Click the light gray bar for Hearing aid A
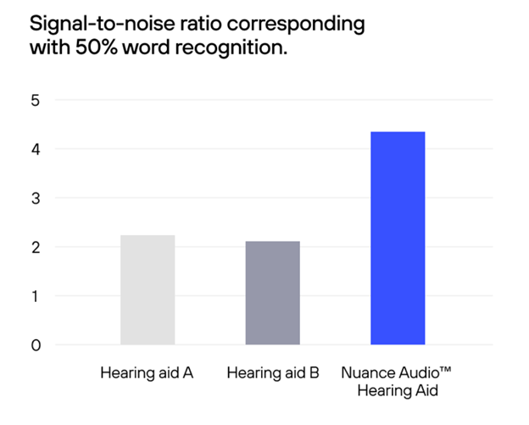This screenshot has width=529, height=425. [148, 290]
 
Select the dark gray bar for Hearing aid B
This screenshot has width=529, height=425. [272, 294]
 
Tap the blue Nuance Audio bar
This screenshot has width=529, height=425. [398, 238]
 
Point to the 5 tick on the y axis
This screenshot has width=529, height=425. [36, 100]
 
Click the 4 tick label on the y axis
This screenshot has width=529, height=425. [36, 149]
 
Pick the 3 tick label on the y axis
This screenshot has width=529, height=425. [36, 199]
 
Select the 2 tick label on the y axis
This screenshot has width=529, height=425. [36, 248]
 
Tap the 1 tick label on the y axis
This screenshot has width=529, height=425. [36, 296]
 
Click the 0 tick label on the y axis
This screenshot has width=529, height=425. [36, 345]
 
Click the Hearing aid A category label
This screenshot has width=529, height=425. [148, 373]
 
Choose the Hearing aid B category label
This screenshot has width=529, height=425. [273, 373]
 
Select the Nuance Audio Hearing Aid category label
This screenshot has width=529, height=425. [398, 381]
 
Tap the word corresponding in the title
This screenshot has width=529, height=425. [299, 24]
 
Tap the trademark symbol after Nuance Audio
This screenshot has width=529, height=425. [447, 371]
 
